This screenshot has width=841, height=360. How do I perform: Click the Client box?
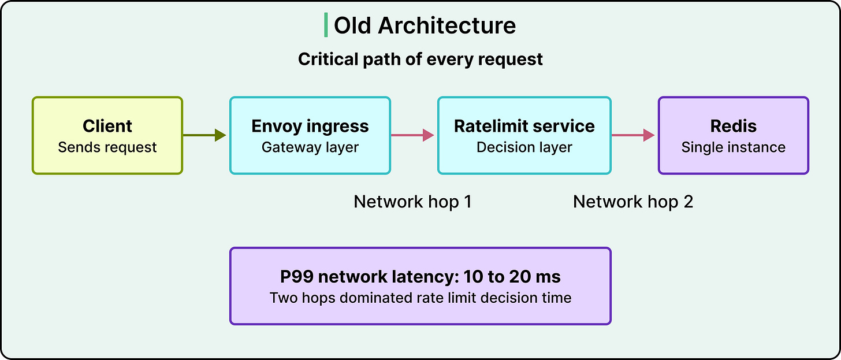pyautogui.click(x=107, y=135)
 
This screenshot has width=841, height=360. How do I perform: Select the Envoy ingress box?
pyautogui.click(x=310, y=135)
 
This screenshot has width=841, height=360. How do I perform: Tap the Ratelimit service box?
pyautogui.click(x=524, y=135)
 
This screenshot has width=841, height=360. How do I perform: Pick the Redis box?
pyautogui.click(x=734, y=135)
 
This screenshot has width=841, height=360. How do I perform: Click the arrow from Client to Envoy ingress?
pyautogui.click(x=204, y=135)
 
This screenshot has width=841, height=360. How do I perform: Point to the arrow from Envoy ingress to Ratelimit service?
pyautogui.click(x=412, y=135)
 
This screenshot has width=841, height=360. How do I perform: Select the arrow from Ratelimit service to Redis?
pyautogui.click(x=634, y=135)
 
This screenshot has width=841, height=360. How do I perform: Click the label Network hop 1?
pyautogui.click(x=412, y=202)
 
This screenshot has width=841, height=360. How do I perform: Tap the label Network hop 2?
pyautogui.click(x=633, y=202)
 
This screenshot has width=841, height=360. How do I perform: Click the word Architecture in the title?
pyautogui.click(x=447, y=25)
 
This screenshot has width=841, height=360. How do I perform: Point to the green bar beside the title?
pyautogui.click(x=326, y=25)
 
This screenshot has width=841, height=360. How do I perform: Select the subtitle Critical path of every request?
pyautogui.click(x=420, y=60)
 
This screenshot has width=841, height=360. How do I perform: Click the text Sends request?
pyautogui.click(x=107, y=147)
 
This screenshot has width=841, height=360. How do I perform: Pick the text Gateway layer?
pyautogui.click(x=310, y=147)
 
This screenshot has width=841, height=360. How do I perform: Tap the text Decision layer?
pyautogui.click(x=524, y=147)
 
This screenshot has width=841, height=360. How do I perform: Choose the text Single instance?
pyautogui.click(x=734, y=147)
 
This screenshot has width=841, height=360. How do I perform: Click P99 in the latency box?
pyautogui.click(x=297, y=277)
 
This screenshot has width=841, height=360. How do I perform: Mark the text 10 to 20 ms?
pyautogui.click(x=512, y=277)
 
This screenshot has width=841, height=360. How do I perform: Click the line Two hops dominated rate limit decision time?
pyautogui.click(x=420, y=298)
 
